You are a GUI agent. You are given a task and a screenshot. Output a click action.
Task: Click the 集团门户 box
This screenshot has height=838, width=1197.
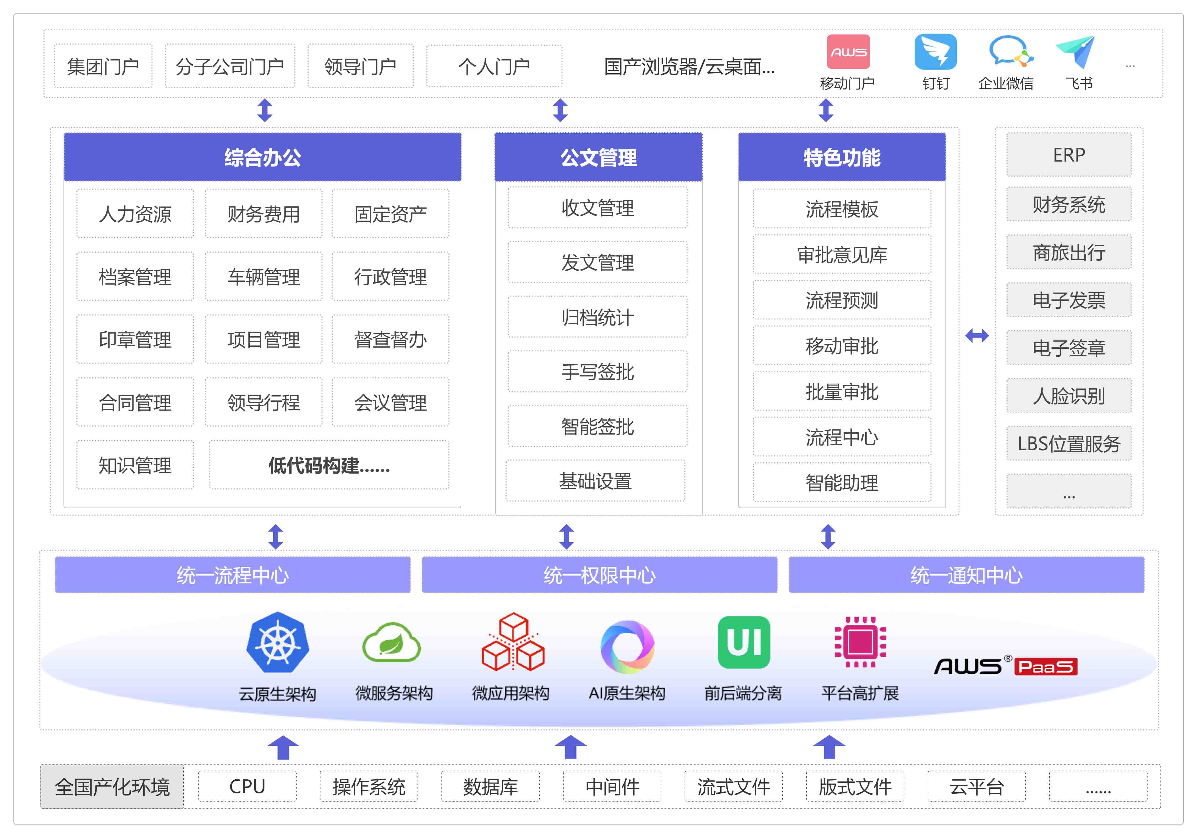click(103, 66)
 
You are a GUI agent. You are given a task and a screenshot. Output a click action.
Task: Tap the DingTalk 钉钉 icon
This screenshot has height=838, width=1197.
click(936, 52)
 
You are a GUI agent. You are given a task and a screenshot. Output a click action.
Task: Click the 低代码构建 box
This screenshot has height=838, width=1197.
click(329, 465)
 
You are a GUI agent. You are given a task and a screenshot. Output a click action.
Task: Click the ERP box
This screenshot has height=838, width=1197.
click(1069, 155)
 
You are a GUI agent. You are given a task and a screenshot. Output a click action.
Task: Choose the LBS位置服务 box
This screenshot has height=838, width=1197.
click(1069, 444)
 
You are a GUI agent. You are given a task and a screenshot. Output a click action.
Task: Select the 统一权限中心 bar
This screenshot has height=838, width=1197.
click(600, 575)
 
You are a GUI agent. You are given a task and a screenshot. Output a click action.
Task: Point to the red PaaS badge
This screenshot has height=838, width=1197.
click(1046, 666)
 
